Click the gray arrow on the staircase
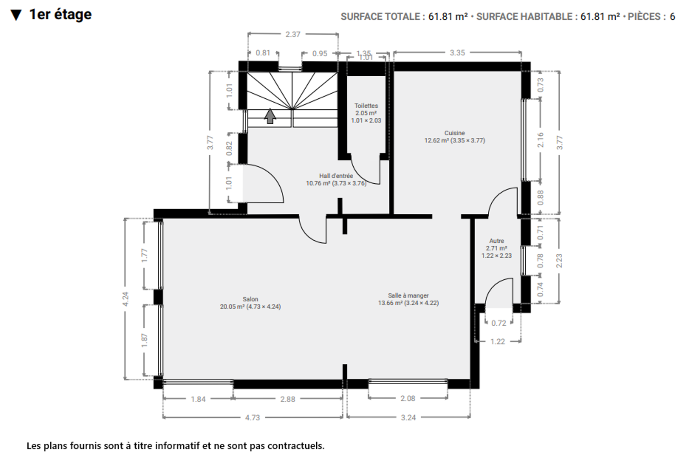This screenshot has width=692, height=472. tap(270, 116)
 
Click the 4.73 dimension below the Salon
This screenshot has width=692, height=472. tap(253, 418)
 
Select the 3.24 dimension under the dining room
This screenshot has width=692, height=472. tap(408, 418)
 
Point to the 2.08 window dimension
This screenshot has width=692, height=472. tap(408, 398)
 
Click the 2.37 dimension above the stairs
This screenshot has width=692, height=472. tap(293, 35)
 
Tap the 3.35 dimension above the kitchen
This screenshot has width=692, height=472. tap(457, 53)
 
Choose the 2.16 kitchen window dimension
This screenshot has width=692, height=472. tap(541, 140)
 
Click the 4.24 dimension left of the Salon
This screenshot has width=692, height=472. tap(125, 299)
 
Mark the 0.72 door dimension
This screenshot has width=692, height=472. tap(499, 323)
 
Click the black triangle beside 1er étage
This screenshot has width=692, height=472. tap(16, 15)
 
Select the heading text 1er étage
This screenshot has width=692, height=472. tap(61, 15)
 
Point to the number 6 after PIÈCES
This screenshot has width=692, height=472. tap(672, 17)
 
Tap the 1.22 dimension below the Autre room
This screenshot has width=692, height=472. tap(498, 342)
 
